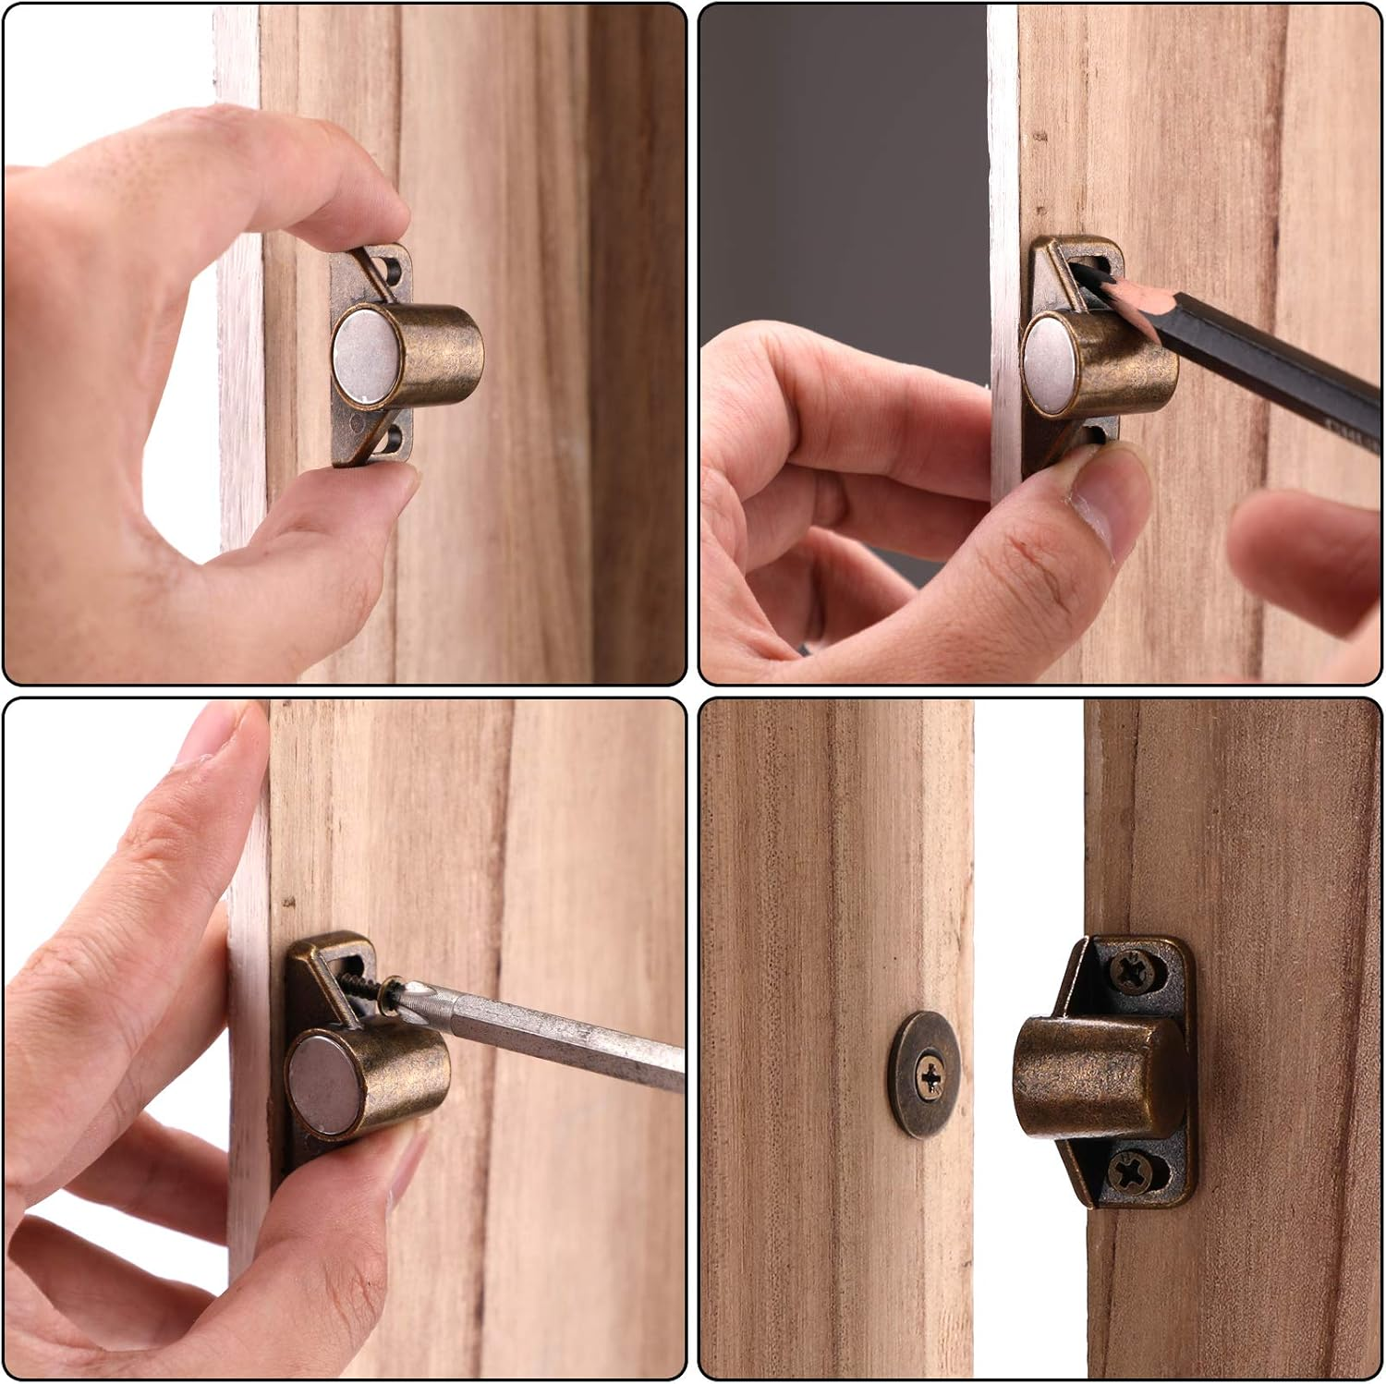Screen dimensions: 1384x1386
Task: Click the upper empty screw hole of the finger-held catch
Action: coord(395,269)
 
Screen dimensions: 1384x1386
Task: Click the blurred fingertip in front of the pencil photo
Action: coord(1312,554)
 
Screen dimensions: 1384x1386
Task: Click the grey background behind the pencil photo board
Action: coord(841,185)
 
